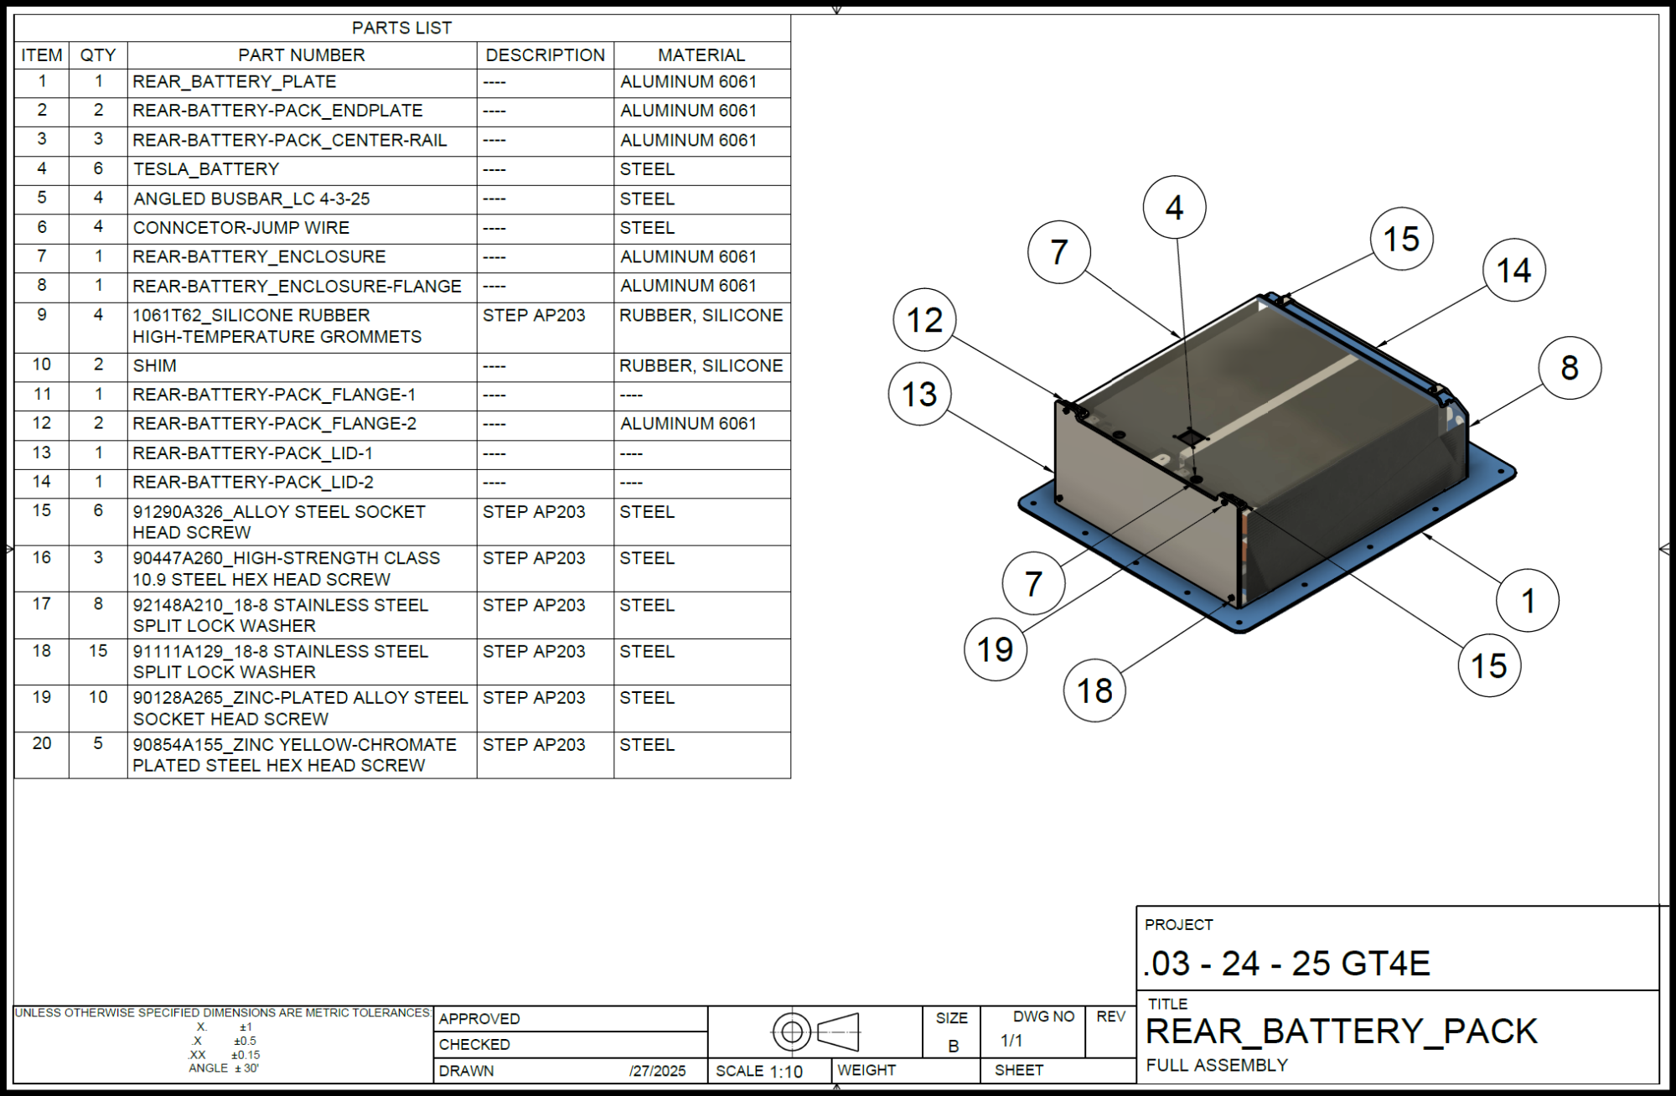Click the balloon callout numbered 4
coord(1174,207)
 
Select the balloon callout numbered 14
coord(1513,271)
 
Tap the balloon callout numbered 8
coord(1570,367)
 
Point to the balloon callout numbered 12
coord(924,319)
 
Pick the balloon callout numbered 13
coord(919,394)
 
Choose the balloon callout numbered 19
coord(995,649)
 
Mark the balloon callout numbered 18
coord(1094,690)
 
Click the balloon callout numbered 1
coord(1528,600)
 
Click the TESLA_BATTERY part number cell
coord(205,169)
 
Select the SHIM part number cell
coord(155,366)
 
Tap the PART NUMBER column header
coord(302,55)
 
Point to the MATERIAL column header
coord(701,55)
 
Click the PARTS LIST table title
coord(401,28)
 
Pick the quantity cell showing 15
coord(98,651)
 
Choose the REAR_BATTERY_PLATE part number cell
coord(235,82)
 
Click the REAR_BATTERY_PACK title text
coord(1341,1031)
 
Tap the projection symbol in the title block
coord(815,1031)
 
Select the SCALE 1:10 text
coord(759,1071)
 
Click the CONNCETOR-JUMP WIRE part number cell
coord(241,228)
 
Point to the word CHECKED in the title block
coord(474,1045)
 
